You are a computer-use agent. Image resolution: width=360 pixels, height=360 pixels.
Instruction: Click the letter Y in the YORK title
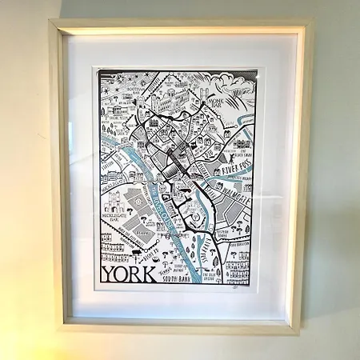pyautogui.click(x=109, y=274)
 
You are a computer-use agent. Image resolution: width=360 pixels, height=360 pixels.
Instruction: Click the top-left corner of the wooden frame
pyautogui.click(x=51, y=22)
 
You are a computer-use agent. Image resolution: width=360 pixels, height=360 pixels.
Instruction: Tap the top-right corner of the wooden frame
pyautogui.click(x=312, y=22)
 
